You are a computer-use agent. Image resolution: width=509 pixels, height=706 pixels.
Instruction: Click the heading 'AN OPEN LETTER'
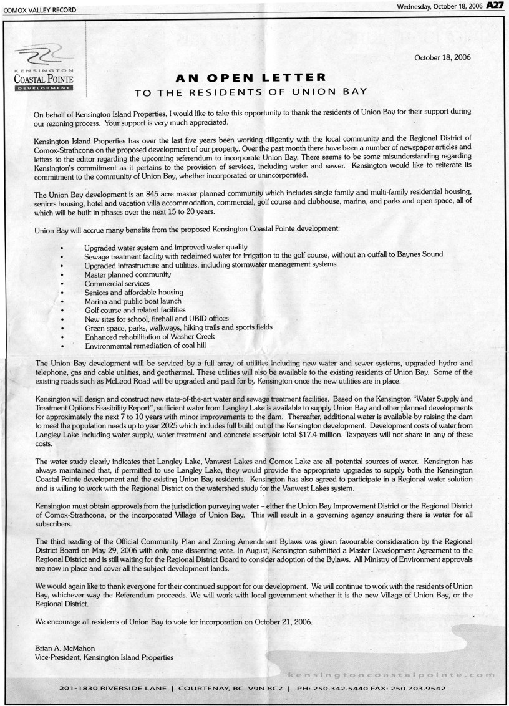tap(250, 78)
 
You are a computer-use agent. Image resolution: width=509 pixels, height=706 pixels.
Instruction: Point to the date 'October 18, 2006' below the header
tap(442, 57)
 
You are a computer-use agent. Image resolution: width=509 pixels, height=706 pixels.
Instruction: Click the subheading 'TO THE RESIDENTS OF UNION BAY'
tap(250, 93)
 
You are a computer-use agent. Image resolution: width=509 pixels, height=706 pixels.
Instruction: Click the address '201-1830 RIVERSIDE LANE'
tap(112, 690)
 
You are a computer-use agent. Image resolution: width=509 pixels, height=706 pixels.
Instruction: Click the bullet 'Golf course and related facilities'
tap(135, 309)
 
